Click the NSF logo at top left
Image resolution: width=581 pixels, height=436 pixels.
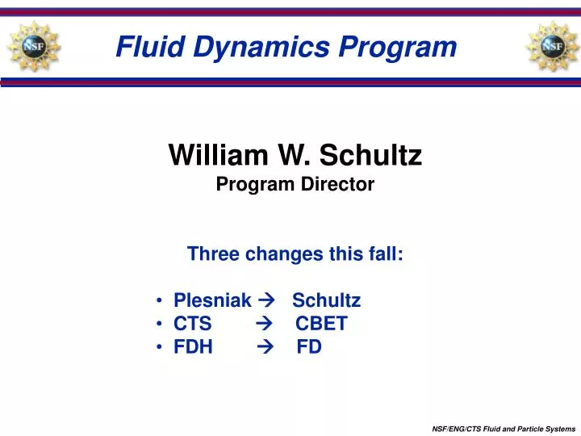[33, 45]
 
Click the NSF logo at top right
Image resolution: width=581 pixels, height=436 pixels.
[552, 45]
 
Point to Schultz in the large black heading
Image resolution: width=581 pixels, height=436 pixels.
[372, 154]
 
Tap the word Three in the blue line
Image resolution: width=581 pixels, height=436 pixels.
[213, 254]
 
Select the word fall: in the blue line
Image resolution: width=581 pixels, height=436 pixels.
[384, 254]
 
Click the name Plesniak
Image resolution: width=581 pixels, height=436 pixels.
[212, 301]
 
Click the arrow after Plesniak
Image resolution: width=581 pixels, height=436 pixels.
[269, 301]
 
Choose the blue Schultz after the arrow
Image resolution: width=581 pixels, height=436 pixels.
[326, 301]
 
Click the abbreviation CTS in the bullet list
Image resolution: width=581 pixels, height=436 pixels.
[192, 325]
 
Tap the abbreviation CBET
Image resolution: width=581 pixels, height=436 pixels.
[321, 325]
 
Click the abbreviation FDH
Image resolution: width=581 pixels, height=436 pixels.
[194, 348]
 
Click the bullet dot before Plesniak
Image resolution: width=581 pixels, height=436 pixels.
[161, 301]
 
